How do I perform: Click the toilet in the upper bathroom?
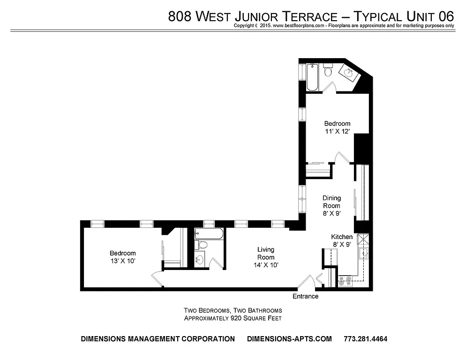[328, 71]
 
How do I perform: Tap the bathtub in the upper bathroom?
[313, 76]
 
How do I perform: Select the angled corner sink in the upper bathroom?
[349, 73]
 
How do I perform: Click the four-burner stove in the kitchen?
[346, 281]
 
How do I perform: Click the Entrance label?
[305, 296]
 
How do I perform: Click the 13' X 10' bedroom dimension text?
[123, 261]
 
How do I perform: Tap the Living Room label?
[265, 253]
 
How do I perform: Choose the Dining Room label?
[331, 202]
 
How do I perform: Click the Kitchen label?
[342, 237]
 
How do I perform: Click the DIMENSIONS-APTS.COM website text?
[289, 339]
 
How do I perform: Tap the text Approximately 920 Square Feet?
[233, 318]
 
